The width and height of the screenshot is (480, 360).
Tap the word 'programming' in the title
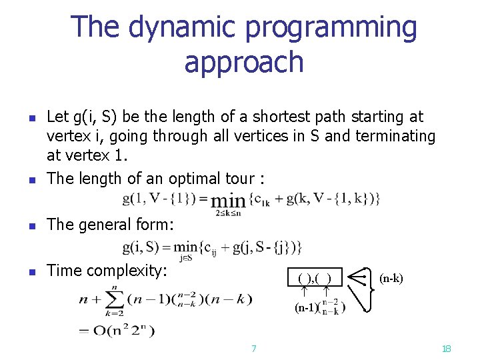click(x=331, y=28)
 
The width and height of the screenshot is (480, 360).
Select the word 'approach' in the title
click(x=244, y=62)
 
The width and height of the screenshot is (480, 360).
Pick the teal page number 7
click(x=253, y=348)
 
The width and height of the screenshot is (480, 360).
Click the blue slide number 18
click(x=447, y=348)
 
